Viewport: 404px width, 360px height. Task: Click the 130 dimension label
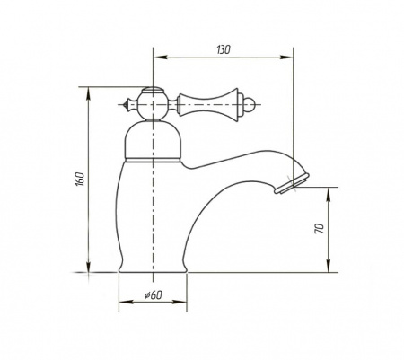(x=224, y=49)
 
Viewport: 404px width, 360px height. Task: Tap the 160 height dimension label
(x=81, y=179)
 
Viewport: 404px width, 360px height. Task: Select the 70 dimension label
(x=320, y=229)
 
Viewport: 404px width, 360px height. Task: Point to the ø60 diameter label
(x=154, y=295)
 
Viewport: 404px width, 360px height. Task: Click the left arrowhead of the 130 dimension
(x=160, y=57)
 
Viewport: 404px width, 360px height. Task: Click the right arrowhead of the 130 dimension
(x=286, y=57)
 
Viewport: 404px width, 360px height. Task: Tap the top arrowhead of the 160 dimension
(x=88, y=93)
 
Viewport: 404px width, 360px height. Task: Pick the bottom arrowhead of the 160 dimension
(x=88, y=266)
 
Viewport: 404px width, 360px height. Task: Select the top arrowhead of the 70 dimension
(x=329, y=194)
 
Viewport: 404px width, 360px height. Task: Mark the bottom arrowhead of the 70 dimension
(x=329, y=266)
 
